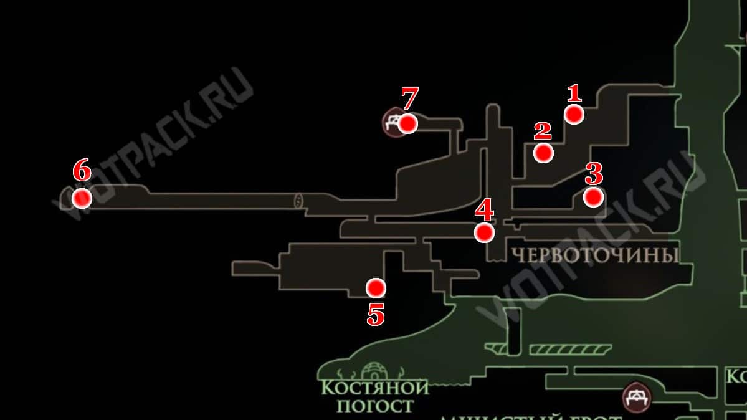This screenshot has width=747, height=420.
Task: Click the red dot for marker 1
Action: click(x=574, y=114)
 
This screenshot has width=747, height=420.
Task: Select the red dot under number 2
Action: click(x=543, y=153)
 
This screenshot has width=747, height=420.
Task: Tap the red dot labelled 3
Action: click(x=593, y=197)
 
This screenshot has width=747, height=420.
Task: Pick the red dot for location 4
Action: click(x=484, y=232)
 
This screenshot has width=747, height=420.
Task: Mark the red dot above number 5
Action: click(x=376, y=287)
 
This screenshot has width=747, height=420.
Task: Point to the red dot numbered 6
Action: click(x=82, y=198)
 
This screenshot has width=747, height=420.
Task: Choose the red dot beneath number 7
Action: click(x=407, y=123)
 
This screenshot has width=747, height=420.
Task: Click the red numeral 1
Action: click(x=574, y=93)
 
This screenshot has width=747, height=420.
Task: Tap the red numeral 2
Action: click(x=543, y=131)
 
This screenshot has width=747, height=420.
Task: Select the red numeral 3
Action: click(x=594, y=174)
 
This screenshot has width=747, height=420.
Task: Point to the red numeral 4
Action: click(x=484, y=210)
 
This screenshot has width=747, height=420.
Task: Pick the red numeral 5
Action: click(x=376, y=316)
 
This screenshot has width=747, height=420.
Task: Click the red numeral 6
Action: click(x=82, y=170)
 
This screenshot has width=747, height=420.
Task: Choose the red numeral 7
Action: click(x=409, y=98)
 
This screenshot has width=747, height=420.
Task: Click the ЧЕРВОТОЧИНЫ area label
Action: click(x=594, y=255)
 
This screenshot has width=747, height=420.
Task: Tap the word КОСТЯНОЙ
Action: click(x=375, y=388)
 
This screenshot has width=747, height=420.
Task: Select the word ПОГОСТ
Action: click(x=375, y=407)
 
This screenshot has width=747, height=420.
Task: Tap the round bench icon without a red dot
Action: click(x=637, y=396)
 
